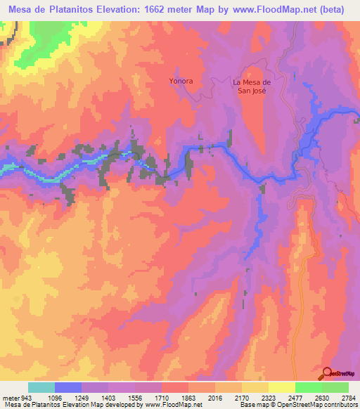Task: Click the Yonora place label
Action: coord(181,81)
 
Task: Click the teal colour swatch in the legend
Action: coord(41,387)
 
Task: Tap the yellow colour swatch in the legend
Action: coord(282,387)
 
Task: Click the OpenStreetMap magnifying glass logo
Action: coord(328,373)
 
